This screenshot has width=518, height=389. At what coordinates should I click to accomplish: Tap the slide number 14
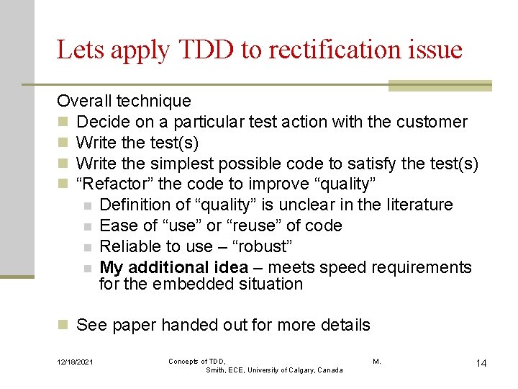point(481,363)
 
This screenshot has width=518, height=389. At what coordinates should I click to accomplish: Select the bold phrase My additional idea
point(173,267)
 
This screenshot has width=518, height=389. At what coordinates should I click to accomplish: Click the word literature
point(416,205)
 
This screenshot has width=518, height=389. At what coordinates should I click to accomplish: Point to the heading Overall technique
point(124,101)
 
